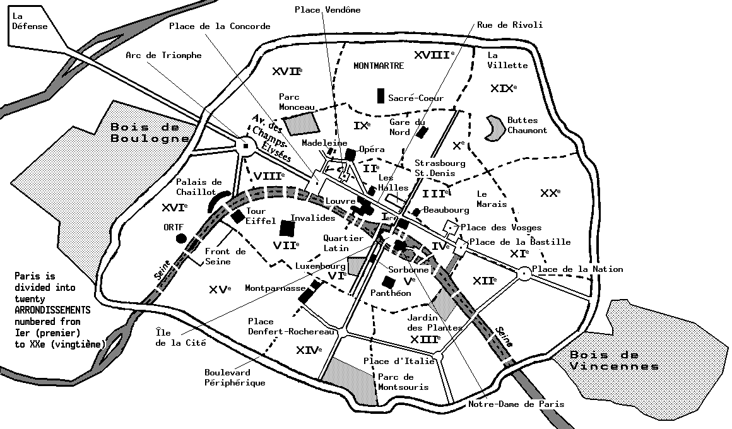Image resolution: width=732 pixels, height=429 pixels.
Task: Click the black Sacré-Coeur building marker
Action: pyautogui.click(x=381, y=96)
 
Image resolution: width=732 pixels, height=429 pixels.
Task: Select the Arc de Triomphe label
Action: pyautogui.click(x=163, y=56)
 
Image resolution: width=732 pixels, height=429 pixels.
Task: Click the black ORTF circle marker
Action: pyautogui.click(x=181, y=238)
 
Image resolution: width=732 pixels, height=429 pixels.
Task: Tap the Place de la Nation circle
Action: pyautogui.click(x=523, y=273)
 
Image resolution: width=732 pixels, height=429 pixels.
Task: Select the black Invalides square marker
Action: pyautogui.click(x=288, y=228)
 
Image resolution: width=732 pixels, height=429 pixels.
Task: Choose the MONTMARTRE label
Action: pyautogui.click(x=379, y=66)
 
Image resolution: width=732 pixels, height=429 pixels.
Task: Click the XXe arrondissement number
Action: pyautogui.click(x=550, y=193)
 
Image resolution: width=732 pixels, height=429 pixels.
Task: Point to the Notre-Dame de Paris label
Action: pyautogui.click(x=516, y=404)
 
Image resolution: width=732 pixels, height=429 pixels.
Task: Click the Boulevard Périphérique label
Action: pyautogui.click(x=234, y=377)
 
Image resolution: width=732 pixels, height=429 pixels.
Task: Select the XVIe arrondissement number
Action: pyautogui.click(x=174, y=208)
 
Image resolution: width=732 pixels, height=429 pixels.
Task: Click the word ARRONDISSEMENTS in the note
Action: pyautogui.click(x=53, y=310)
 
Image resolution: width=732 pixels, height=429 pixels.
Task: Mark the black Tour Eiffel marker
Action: pyautogui.click(x=238, y=216)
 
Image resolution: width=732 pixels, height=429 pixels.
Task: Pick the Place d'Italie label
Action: pyautogui.click(x=399, y=361)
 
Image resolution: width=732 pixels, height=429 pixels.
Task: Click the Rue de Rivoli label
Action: pyautogui.click(x=509, y=25)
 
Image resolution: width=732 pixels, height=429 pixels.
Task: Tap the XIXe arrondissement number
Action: pyautogui.click(x=503, y=88)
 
